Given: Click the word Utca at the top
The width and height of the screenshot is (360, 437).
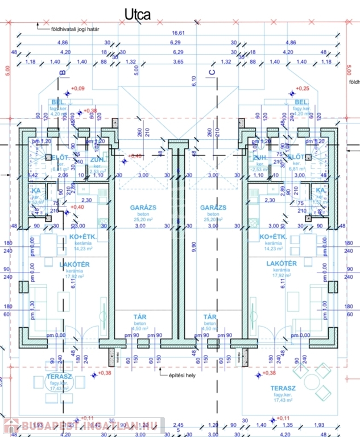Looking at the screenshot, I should [x=138, y=14].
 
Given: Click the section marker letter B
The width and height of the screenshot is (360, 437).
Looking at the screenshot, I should [x=63, y=72].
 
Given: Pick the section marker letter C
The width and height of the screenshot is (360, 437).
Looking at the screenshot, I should [x=212, y=72].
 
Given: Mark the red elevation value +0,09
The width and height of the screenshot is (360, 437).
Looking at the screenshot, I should [x=77, y=88].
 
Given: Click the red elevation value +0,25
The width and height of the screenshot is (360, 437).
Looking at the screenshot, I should [x=303, y=88].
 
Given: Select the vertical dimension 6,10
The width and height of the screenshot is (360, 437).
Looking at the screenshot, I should [x=193, y=81].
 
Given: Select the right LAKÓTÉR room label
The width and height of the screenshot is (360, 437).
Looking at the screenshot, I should [x=281, y=263].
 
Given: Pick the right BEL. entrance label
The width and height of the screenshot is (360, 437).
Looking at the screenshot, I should [x=301, y=102].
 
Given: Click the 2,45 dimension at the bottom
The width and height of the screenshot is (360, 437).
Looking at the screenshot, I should [x=178, y=425].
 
